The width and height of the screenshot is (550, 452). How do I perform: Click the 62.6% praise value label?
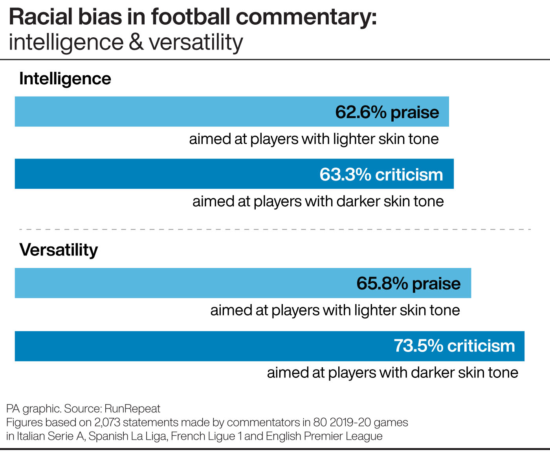click(387, 112)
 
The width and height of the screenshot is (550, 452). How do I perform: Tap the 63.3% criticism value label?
click(381, 175)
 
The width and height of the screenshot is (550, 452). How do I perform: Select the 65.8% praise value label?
click(408, 283)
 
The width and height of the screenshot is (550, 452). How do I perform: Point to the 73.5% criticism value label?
click(454, 346)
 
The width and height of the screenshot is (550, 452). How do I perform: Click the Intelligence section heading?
click(65, 79)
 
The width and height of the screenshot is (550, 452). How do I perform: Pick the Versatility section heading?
click(59, 250)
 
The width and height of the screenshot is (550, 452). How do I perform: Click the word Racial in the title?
click(41, 17)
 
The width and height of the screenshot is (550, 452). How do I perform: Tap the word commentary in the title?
click(306, 17)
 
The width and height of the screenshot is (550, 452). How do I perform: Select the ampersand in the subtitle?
click(136, 42)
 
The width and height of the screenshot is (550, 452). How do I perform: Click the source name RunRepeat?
click(132, 409)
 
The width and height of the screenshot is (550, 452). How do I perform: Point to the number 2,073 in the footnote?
click(107, 423)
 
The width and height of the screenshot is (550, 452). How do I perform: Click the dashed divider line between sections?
click(275, 229)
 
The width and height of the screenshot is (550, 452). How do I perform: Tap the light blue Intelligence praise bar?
click(157, 112)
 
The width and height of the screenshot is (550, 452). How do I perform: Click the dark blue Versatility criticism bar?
click(196, 346)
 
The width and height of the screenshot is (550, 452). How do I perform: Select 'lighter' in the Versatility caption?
click(376, 310)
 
